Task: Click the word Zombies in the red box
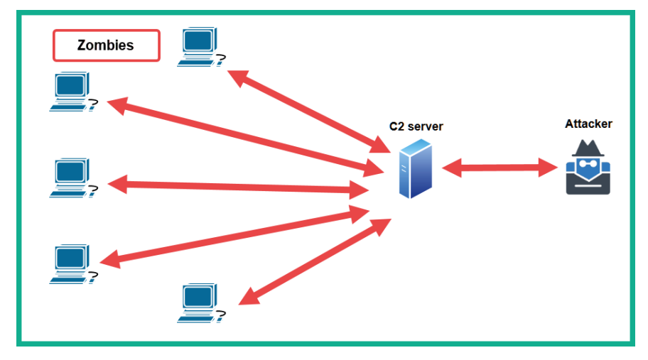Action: coord(105,45)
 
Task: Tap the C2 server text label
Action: coord(416,126)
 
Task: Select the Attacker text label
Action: coord(588,124)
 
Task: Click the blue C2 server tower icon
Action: coord(416,168)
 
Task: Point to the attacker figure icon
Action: coord(588,167)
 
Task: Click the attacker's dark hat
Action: coord(588,148)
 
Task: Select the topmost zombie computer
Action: coord(201,47)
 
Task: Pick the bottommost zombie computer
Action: coord(201,303)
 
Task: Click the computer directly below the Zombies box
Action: coord(73,92)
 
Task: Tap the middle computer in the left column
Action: coord(73,178)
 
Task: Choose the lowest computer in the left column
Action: coord(73,264)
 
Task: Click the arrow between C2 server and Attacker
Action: coord(499,168)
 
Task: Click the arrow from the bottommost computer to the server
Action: coord(315,262)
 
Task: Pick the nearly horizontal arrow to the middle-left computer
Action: coord(238,187)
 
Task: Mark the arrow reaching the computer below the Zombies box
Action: coord(245,137)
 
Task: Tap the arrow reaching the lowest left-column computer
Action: coord(234,236)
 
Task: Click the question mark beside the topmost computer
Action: coord(222,60)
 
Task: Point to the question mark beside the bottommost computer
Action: coord(222,317)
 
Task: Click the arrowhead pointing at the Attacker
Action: coord(549,168)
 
